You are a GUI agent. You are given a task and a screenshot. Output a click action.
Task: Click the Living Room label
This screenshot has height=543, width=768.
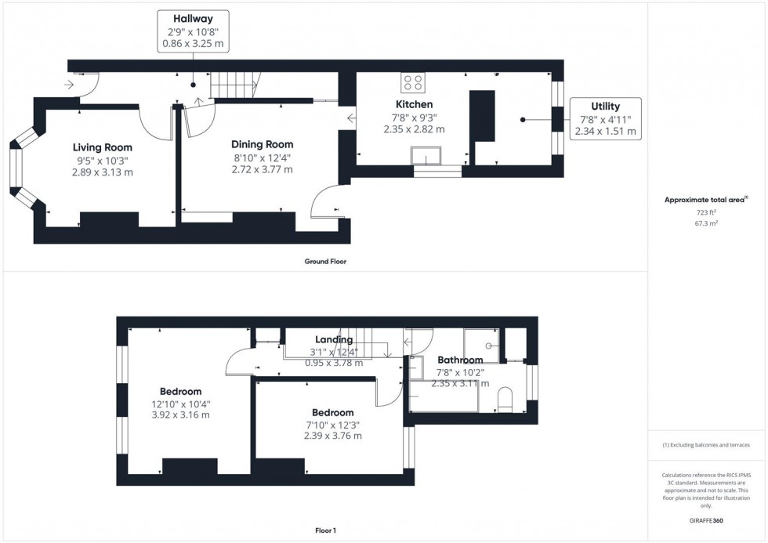tap(103, 147)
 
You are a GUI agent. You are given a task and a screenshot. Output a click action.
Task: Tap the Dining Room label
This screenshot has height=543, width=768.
tap(262, 144)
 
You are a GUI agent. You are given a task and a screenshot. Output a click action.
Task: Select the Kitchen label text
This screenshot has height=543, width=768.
tap(414, 104)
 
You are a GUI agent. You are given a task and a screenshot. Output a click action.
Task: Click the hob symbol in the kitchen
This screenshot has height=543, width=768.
tap(412, 81)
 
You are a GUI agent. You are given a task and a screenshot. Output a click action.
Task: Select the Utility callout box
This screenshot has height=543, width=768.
tap(605, 119)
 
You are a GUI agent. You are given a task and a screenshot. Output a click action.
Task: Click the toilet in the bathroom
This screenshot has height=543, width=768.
tap(506, 397)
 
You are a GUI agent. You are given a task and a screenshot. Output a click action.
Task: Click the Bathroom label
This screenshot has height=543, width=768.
tap(460, 360)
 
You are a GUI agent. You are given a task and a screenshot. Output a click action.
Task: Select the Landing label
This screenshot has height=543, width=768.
tap(334, 340)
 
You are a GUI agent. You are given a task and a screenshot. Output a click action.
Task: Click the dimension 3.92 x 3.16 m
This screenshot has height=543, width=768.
tap(180, 415)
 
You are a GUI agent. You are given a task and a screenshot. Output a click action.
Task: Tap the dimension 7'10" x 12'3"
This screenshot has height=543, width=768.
tap(332, 425)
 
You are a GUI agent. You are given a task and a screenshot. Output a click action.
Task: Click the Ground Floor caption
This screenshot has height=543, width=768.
tap(325, 262)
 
